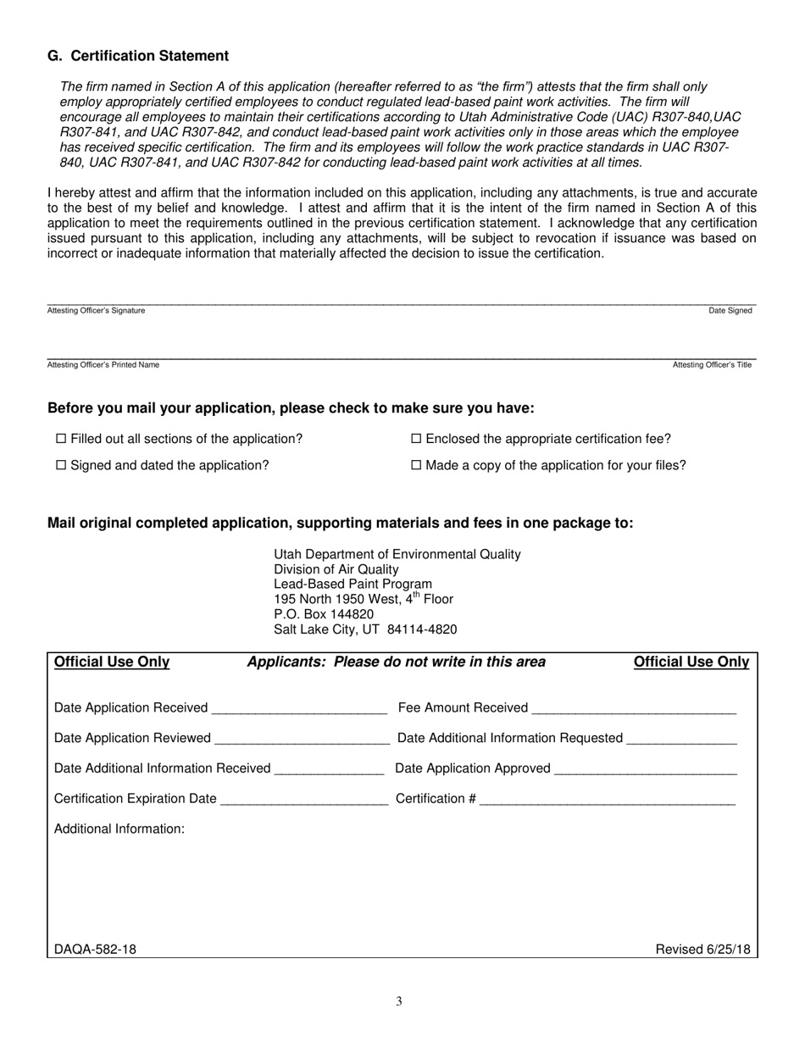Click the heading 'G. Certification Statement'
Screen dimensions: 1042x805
coord(138,56)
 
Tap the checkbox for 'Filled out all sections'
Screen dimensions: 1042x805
coord(60,439)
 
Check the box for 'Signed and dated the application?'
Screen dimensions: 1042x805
coord(60,465)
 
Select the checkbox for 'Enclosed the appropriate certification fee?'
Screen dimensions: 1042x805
coord(415,439)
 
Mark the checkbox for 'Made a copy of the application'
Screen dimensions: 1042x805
coord(415,465)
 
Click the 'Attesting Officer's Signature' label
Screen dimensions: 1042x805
coord(96,311)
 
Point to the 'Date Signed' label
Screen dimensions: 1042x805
coord(730,311)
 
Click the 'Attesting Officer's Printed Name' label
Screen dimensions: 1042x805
coord(103,365)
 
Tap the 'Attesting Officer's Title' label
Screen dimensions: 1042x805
coord(712,365)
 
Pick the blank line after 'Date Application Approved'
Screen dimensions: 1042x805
coord(645,770)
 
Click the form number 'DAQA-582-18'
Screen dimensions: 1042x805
coord(95,950)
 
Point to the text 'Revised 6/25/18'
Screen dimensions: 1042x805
coord(702,950)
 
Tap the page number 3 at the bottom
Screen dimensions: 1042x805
coord(399,1002)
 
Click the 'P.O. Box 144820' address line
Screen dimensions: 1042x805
coord(323,614)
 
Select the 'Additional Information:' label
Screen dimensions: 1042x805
coord(119,829)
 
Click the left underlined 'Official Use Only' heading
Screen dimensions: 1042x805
coord(111,662)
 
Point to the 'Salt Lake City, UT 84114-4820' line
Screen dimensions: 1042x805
coord(365,629)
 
